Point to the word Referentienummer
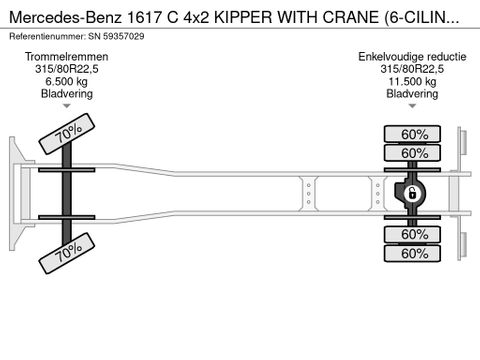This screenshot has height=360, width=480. point(51,34)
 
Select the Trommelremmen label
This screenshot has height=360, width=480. point(67,57)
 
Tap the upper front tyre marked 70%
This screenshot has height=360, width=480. point(67,133)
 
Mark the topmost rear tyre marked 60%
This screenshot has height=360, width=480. point(407,134)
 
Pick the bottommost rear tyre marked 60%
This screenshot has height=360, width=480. point(407,253)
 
